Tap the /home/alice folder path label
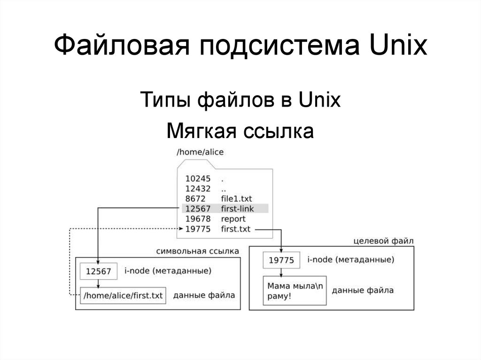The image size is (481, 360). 200,152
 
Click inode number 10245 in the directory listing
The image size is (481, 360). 198,178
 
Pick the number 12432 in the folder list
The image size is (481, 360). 198,189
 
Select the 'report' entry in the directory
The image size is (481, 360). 233,219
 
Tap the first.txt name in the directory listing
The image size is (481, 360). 236,229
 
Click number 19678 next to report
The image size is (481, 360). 198,219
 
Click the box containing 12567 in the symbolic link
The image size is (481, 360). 99,271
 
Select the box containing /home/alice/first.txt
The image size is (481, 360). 123,296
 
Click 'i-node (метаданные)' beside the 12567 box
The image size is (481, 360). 168,271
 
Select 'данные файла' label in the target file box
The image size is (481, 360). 363,291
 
